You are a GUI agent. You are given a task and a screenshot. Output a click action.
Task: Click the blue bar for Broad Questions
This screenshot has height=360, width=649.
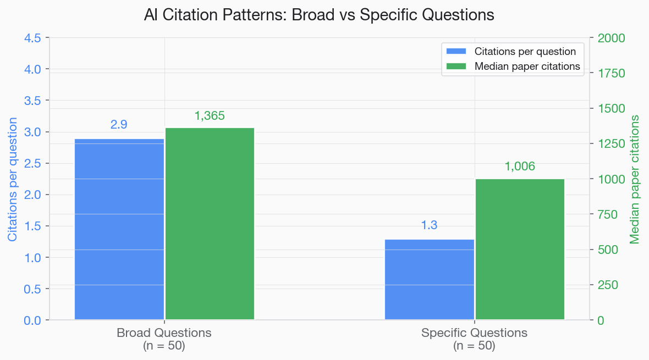pyautogui.click(x=119, y=229)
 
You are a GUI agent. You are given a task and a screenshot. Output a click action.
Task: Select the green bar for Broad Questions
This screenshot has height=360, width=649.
pyautogui.click(x=210, y=224)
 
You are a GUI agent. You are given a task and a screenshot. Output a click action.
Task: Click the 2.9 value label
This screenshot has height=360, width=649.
pyautogui.click(x=119, y=125)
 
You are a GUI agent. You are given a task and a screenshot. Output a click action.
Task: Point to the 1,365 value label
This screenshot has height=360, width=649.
pyautogui.click(x=210, y=116)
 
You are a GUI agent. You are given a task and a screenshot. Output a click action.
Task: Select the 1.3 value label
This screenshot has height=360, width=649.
pyautogui.click(x=429, y=225)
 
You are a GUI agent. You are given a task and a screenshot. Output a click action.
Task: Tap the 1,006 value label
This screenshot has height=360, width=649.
pyautogui.click(x=520, y=167)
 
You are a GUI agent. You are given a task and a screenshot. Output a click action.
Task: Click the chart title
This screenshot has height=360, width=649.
pyautogui.click(x=319, y=15)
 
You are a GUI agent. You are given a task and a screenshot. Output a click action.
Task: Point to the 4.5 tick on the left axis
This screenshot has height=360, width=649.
pyautogui.click(x=32, y=38)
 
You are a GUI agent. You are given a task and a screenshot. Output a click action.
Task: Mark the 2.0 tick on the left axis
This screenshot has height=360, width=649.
pyautogui.click(x=32, y=195)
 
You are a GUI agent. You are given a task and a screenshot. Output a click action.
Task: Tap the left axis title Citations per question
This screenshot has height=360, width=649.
pyautogui.click(x=12, y=179)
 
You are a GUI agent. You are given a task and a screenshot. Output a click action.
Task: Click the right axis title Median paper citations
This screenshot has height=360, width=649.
pyautogui.click(x=635, y=179)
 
